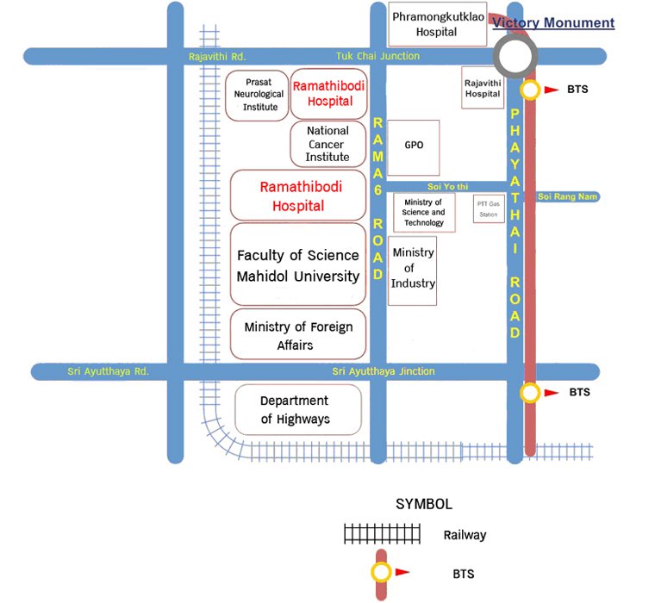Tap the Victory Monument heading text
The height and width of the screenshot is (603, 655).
click(553, 23)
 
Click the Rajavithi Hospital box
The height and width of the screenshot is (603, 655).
click(483, 87)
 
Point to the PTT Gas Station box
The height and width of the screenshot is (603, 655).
click(488, 209)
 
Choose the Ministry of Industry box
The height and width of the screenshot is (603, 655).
click(413, 270)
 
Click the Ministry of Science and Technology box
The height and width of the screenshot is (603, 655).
click(424, 212)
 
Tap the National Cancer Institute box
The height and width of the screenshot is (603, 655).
click(327, 144)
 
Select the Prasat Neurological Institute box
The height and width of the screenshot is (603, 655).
click(256, 95)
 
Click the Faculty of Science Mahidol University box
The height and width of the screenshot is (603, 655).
click(298, 265)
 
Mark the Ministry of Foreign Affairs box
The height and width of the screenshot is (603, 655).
click(298, 334)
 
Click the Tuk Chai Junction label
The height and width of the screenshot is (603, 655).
click(377, 56)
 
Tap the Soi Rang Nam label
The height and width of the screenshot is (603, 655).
click(567, 197)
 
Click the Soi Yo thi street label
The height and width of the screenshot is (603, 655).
click(446, 186)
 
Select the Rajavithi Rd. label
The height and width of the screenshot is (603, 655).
click(217, 57)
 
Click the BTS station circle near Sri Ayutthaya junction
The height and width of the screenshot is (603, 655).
click(529, 393)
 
